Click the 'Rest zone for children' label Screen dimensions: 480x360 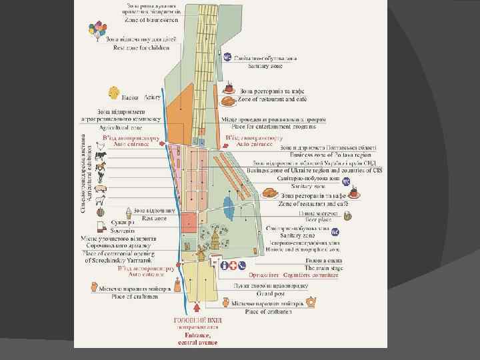[141, 47]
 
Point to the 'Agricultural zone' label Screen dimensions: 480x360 [121, 126]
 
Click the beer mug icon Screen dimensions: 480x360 [348, 215]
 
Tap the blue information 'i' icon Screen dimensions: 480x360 [225, 265]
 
